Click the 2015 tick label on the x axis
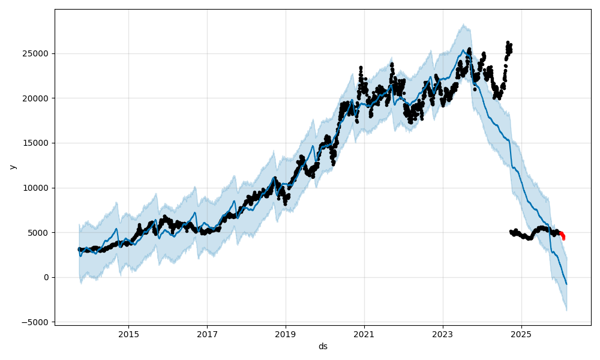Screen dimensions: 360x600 coord(128,334)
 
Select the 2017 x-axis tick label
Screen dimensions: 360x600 coord(207,334)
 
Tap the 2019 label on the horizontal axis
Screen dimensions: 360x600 coord(286,334)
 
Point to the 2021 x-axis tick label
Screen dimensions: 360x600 coord(364,334)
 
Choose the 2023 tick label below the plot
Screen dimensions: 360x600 coord(443,334)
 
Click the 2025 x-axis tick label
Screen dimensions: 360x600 coord(521,334)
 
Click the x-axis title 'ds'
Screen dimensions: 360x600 coord(323,346)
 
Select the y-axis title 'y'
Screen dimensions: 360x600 coord(11,167)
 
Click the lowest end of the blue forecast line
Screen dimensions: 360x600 coord(566,284)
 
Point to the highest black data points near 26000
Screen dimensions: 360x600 coord(508,43)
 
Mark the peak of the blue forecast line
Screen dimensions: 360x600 coord(463,50)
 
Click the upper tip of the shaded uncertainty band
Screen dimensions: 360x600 coord(464,25)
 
